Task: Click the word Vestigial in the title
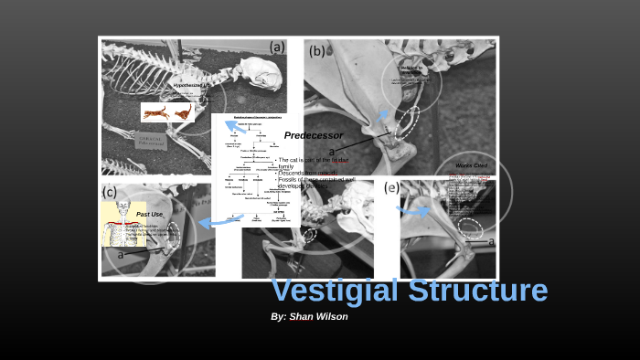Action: [335, 291]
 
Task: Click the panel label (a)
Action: [276, 47]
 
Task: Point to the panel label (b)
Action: [316, 50]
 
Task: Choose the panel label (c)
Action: [110, 192]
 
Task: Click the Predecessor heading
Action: [313, 135]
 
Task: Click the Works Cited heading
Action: [471, 165]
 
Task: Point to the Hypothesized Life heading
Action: [192, 85]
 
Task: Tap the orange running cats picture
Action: [167, 111]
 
